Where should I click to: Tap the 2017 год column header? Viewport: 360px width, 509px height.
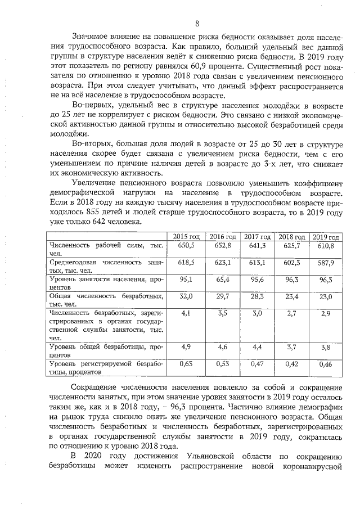(x=258, y=236)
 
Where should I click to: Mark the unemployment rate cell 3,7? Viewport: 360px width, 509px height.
(x=292, y=348)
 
